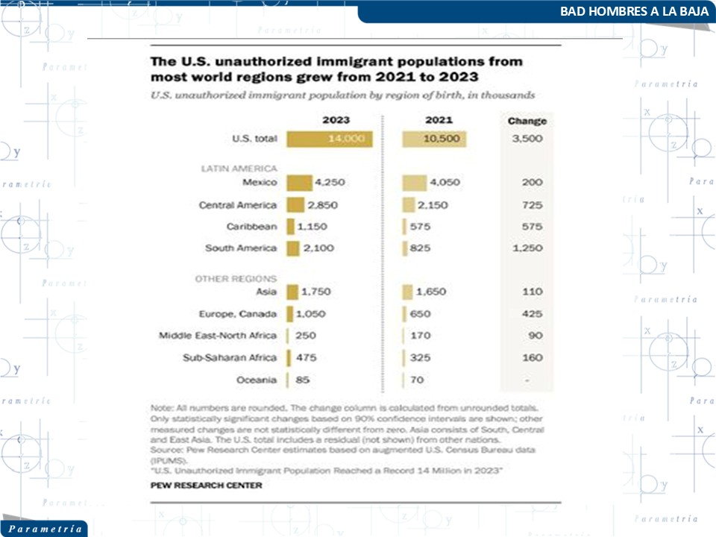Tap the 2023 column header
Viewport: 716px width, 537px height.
point(336,120)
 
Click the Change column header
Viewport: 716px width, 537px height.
point(527,121)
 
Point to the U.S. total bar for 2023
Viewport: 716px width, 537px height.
point(329,139)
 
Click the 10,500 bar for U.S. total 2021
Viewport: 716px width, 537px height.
point(434,139)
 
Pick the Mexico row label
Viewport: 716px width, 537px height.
point(260,183)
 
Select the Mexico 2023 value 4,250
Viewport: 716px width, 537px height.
point(332,183)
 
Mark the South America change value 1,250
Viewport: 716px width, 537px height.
point(527,248)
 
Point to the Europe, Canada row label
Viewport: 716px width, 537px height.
point(239,314)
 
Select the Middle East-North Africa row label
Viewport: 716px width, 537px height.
point(218,336)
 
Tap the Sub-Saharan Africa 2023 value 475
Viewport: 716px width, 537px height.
point(307,358)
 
